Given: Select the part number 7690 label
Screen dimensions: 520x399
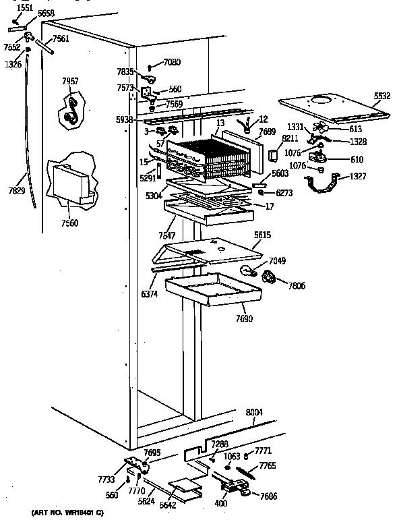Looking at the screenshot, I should coord(244,318).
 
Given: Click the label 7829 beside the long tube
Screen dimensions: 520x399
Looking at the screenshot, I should coord(16,192).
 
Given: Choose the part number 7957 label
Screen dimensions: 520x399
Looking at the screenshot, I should coord(70,81).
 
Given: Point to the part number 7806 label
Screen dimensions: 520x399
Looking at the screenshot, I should coord(296,286).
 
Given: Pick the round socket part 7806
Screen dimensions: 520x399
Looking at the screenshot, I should coord(270,277).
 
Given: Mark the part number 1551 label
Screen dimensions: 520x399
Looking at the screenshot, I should coord(24,7).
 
